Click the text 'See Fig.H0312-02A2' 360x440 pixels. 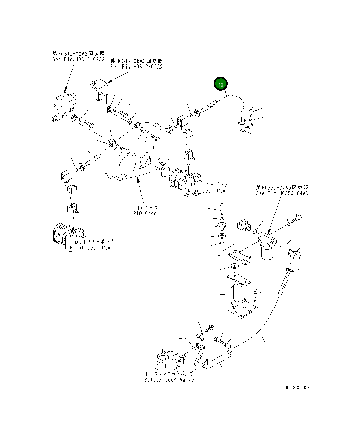click(78, 59)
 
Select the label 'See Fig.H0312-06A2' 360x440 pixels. click(136, 67)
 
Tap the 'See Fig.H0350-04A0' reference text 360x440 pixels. click(282, 193)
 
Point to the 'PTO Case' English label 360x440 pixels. click(145, 213)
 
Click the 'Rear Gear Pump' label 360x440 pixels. click(208, 191)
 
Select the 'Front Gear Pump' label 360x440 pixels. click(91, 248)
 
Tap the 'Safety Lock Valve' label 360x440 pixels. click(169, 380)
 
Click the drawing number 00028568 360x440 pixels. click(296, 387)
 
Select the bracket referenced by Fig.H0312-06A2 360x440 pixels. click(98, 89)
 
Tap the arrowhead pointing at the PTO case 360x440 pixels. click(138, 179)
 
